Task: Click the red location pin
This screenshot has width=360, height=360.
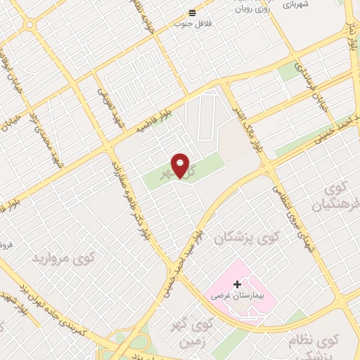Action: tap(181, 166)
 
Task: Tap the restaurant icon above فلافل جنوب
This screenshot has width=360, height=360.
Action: tap(193, 13)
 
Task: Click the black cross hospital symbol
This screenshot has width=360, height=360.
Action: tap(237, 285)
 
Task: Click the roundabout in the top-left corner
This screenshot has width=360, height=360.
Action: tap(29, 25)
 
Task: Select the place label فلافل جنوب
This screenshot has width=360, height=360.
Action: tap(193, 24)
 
